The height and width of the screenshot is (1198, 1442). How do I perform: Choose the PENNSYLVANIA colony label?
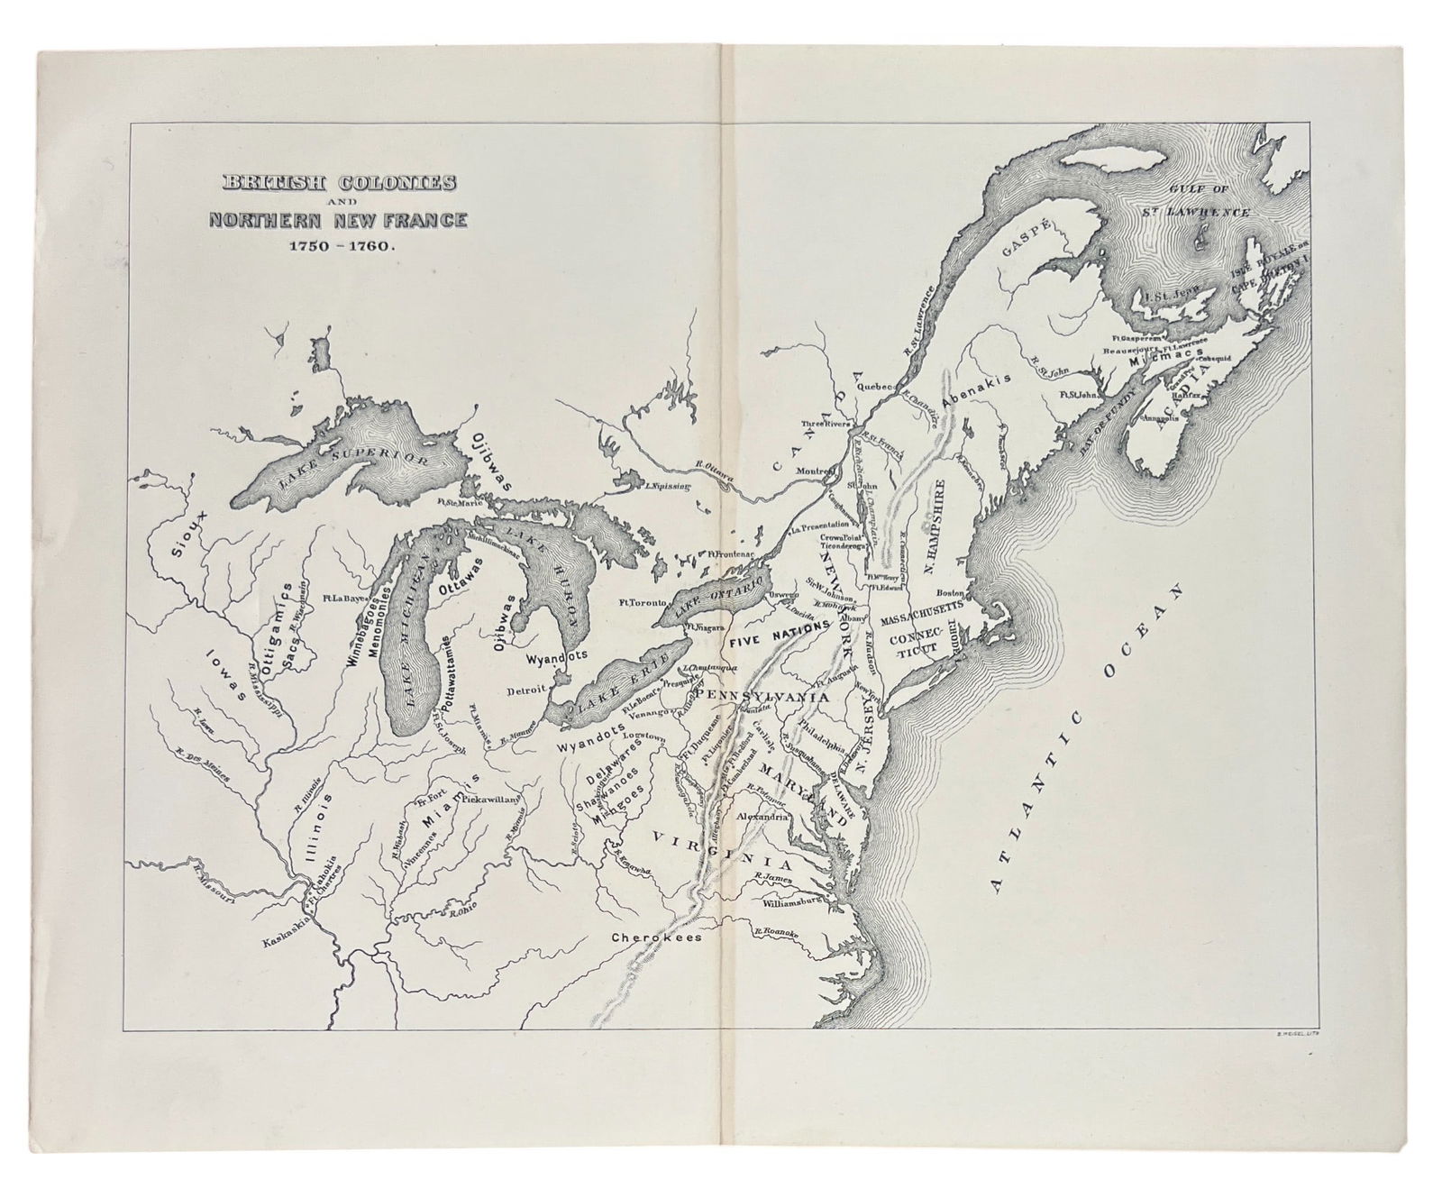(x=750, y=697)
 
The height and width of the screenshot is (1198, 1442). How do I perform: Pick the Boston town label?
(x=951, y=593)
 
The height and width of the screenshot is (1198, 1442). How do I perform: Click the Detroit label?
(x=526, y=690)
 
